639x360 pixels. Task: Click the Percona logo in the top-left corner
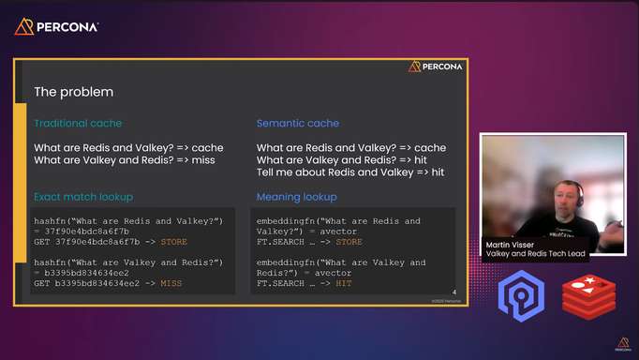click(57, 26)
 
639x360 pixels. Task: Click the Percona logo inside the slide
click(436, 67)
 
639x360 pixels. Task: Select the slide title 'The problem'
click(73, 92)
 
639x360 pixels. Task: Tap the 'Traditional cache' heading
click(78, 124)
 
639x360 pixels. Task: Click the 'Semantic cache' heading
click(298, 124)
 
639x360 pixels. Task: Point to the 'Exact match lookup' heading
click(83, 197)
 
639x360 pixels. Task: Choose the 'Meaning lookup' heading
click(297, 197)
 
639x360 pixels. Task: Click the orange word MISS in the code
click(171, 282)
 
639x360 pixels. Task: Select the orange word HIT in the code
click(343, 282)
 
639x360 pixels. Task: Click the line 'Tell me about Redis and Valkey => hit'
click(350, 172)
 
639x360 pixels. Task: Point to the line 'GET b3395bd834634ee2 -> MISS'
click(108, 282)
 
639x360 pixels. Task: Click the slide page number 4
click(453, 292)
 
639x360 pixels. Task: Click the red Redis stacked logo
click(588, 297)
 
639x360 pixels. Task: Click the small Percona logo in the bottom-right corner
click(622, 343)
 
